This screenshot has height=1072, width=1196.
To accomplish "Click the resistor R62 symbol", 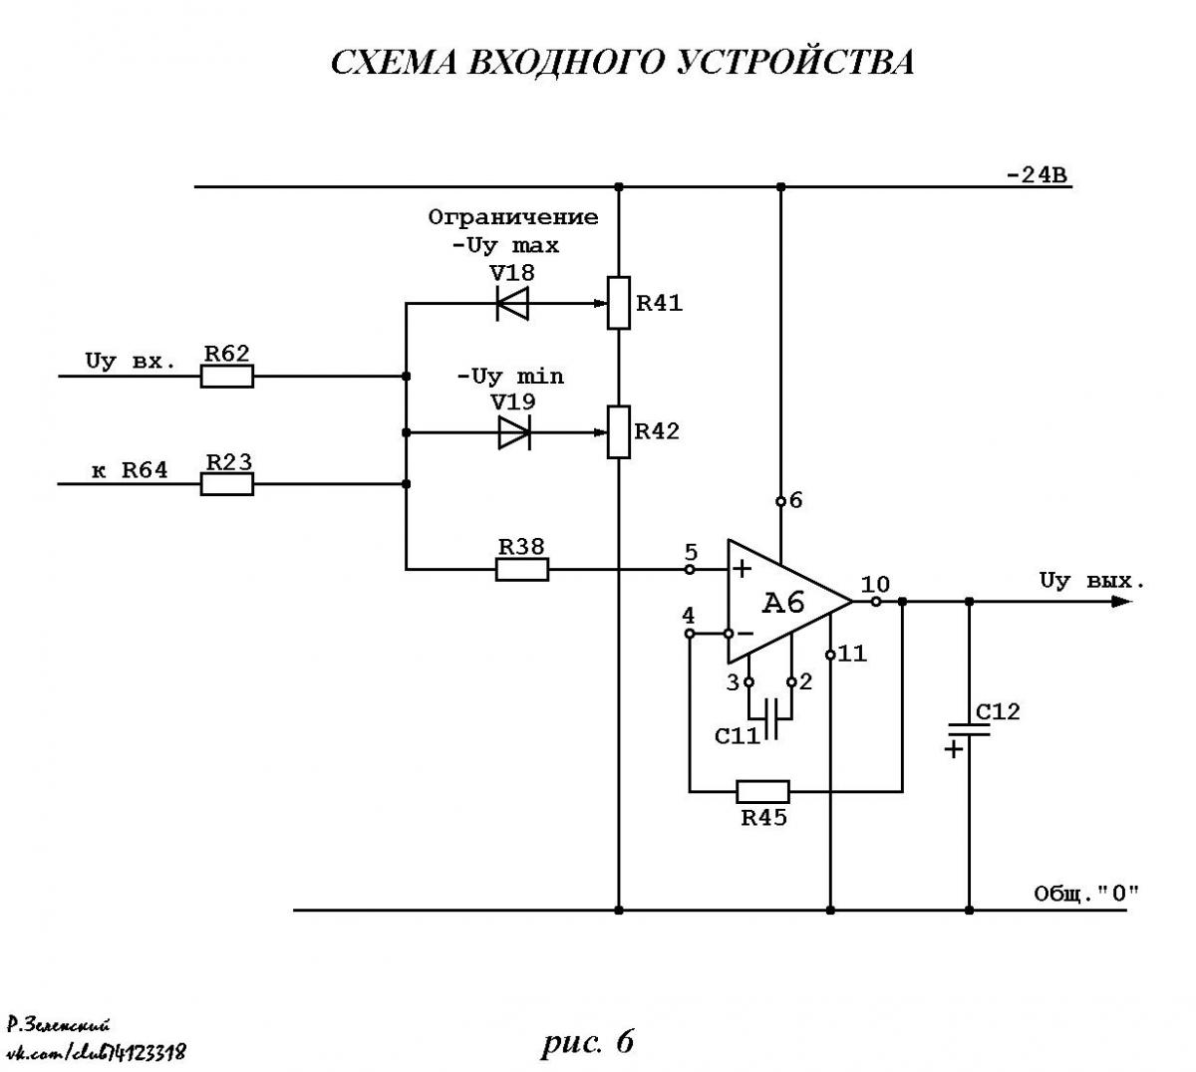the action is click(x=226, y=376).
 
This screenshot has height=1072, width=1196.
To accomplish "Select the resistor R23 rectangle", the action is click(x=226, y=484).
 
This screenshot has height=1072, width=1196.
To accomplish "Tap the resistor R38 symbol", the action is click(x=522, y=570).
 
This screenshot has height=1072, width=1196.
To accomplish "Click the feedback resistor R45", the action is click(x=762, y=792).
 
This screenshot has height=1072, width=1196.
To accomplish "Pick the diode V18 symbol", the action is click(x=512, y=304).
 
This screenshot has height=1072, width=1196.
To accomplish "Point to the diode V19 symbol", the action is click(x=514, y=432).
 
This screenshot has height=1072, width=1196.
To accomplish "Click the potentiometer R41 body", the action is click(x=619, y=303).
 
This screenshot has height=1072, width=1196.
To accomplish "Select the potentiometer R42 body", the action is click(x=619, y=432).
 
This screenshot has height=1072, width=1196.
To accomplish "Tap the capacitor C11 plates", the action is click(x=770, y=718).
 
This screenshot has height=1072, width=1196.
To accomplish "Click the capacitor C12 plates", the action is click(x=969, y=730).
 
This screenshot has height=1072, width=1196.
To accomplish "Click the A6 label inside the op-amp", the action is click(x=783, y=604).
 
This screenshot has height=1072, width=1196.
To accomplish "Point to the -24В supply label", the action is click(x=1037, y=175).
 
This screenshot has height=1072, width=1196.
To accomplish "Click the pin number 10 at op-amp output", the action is click(x=875, y=585).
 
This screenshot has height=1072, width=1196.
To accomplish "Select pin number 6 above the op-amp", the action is click(x=795, y=500).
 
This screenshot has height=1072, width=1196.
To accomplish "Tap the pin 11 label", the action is click(x=852, y=654).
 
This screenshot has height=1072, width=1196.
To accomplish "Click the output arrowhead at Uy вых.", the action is click(x=1121, y=602).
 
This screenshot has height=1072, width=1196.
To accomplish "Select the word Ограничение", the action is click(x=513, y=217).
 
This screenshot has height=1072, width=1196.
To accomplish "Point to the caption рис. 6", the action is click(x=587, y=1041).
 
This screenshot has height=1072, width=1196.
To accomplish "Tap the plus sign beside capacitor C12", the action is click(x=954, y=749).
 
